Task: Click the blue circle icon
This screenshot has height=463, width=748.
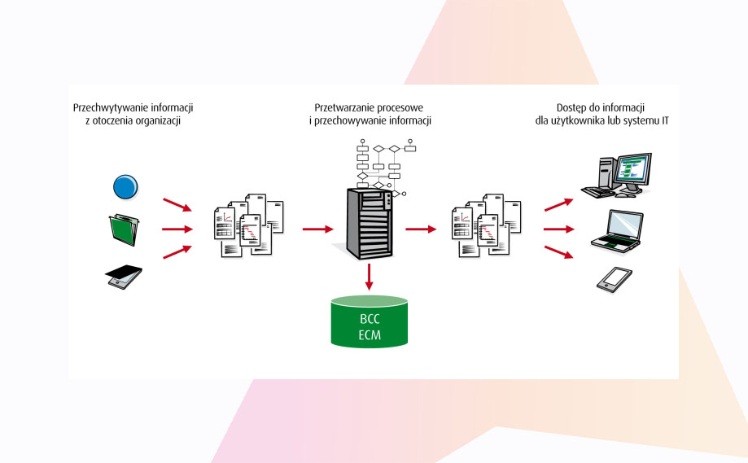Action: pos(125,187)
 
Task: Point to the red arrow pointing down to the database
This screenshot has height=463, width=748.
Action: pos(370,277)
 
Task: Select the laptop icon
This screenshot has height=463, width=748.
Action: pos(616,229)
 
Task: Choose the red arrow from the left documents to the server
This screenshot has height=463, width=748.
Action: pos(316,229)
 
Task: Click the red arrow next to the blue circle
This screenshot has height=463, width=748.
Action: pos(177,203)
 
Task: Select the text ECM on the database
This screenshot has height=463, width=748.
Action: pos(370,334)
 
